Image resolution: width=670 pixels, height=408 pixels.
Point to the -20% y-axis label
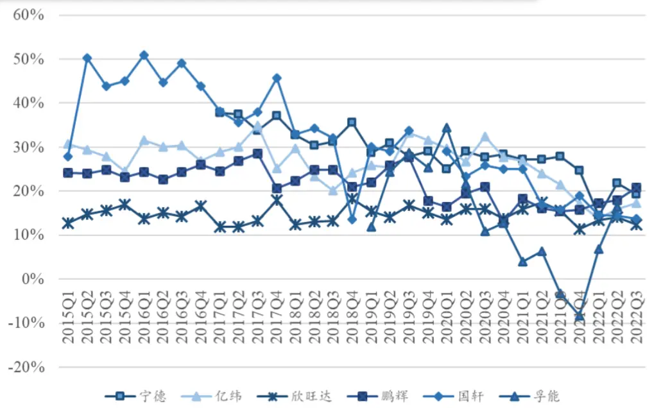[26, 368]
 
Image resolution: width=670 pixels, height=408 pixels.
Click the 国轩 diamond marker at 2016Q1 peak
[144, 55]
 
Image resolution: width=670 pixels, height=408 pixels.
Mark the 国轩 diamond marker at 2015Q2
[87, 58]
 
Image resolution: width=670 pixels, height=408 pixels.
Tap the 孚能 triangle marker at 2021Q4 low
[580, 316]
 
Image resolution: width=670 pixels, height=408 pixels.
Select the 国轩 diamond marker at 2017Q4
[277, 78]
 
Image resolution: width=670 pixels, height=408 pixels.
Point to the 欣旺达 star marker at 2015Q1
[68, 223]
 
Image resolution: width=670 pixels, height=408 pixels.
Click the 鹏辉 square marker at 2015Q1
[68, 173]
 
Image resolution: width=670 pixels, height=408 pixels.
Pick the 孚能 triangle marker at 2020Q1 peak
[447, 128]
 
